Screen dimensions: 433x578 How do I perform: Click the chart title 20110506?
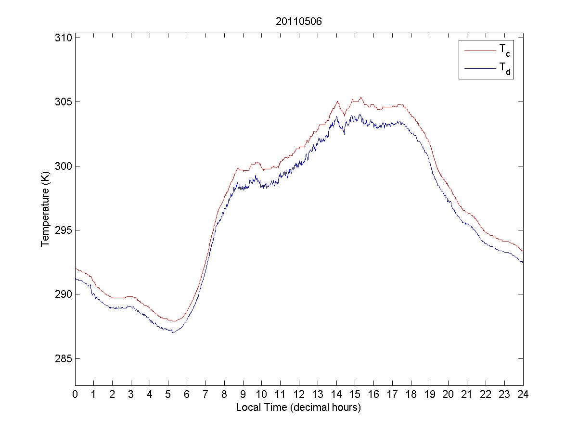(x=298, y=22)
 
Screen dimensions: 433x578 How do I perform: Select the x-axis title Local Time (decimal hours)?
(x=298, y=408)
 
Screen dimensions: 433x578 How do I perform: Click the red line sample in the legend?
(x=479, y=50)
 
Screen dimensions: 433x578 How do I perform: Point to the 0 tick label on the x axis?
(x=75, y=395)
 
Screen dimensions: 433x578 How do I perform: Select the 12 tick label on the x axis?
(x=299, y=395)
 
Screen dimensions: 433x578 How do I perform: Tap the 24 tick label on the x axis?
(x=523, y=395)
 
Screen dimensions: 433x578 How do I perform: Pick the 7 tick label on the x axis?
(x=206, y=395)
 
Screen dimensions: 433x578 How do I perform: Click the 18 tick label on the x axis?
(x=411, y=395)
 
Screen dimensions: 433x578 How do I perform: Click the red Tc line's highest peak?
(x=360, y=97)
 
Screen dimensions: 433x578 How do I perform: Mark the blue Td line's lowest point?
(x=173, y=332)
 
